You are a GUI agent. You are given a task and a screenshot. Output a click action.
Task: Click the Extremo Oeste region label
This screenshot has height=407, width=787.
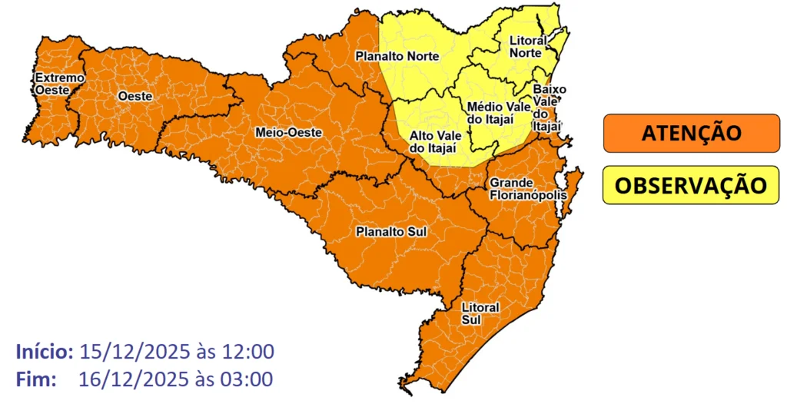point(58,84)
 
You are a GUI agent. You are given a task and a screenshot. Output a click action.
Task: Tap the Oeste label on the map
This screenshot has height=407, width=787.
point(135,97)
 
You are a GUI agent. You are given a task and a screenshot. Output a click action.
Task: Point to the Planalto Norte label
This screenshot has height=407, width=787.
point(396,56)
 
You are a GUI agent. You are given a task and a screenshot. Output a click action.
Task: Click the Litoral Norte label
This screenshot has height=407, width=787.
point(529,46)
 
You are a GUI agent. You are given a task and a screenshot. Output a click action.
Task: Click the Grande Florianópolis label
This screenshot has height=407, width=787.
point(527,189)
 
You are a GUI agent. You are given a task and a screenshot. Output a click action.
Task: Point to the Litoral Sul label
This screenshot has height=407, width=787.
point(480,313)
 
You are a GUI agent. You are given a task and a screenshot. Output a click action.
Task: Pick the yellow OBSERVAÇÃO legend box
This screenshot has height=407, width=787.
point(691,186)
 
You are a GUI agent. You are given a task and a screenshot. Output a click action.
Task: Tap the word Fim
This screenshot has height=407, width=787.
point(35,379)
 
